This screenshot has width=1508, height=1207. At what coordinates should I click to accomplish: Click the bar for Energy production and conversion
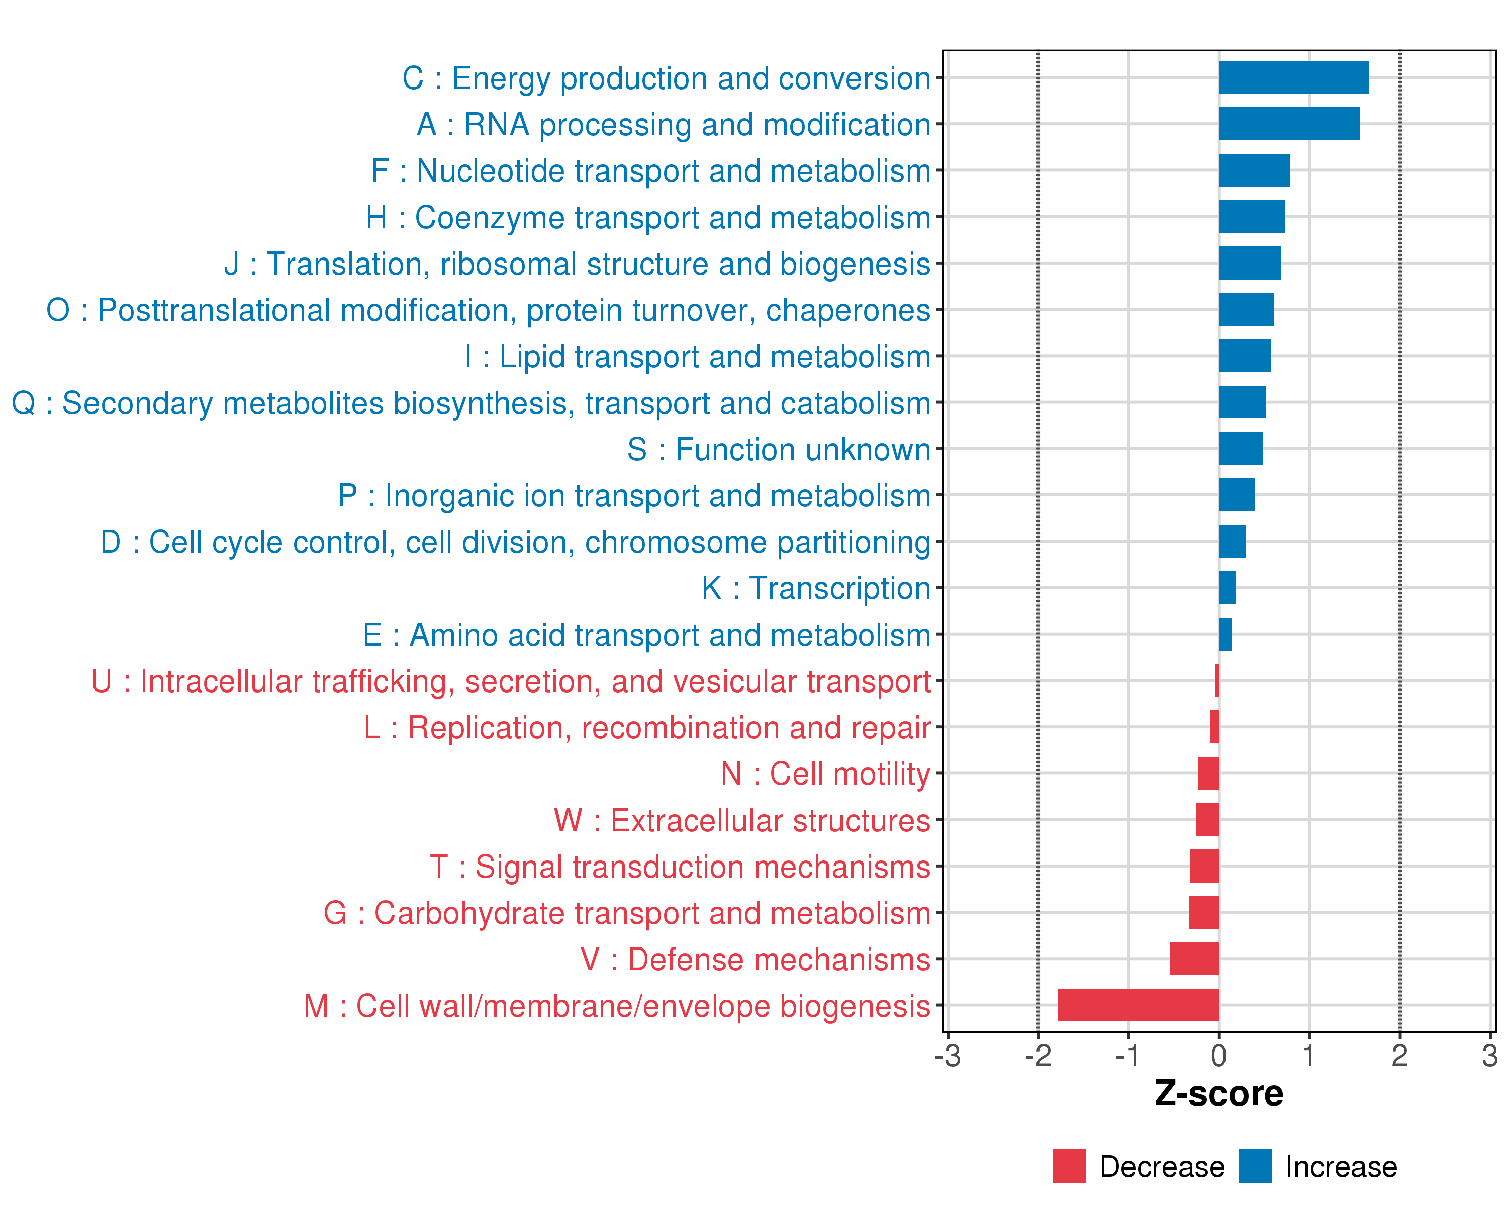[1293, 77]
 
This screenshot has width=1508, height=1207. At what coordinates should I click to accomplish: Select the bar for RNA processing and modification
[1289, 124]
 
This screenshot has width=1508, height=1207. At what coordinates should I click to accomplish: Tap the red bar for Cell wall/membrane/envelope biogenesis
[1138, 1005]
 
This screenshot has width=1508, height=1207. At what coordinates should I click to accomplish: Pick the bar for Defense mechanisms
[1194, 959]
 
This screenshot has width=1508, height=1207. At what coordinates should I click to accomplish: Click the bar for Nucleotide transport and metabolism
[1254, 170]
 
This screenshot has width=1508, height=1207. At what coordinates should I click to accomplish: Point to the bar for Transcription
[1227, 588]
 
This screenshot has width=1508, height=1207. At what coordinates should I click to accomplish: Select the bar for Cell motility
[1208, 773]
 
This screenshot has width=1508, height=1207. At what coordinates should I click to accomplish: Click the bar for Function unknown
[1241, 449]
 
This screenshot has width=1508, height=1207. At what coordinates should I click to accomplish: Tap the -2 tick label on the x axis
[1038, 1055]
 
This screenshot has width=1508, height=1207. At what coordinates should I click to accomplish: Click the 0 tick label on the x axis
[1219, 1055]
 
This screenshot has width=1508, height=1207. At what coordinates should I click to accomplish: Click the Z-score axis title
[1218, 1094]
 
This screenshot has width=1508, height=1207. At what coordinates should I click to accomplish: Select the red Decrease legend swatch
[1069, 1166]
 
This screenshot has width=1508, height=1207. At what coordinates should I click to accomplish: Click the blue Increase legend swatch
[1255, 1166]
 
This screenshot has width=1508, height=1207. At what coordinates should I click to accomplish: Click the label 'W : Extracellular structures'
[741, 821]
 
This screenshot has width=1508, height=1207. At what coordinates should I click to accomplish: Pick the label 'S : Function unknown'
[779, 449]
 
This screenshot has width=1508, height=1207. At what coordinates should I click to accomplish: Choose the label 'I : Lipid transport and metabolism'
[697, 357]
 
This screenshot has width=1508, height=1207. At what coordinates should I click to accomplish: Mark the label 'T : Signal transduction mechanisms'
[680, 867]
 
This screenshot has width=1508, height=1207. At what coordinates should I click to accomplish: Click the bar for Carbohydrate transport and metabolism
[1204, 912]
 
